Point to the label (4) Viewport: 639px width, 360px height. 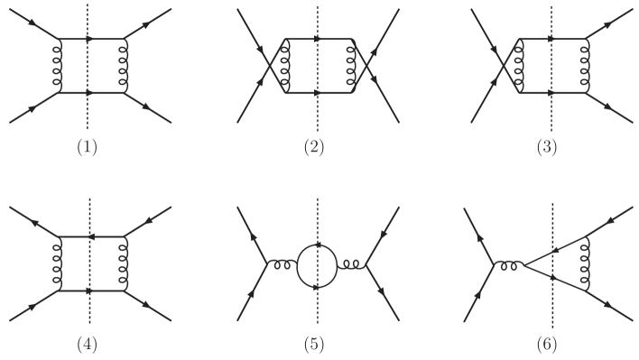87,344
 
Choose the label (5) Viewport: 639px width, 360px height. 314,344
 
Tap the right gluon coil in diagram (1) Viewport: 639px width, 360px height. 124,65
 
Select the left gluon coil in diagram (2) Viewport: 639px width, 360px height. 286,65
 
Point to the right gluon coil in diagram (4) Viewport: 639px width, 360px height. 124,264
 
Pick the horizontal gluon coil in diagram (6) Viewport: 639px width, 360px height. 510,264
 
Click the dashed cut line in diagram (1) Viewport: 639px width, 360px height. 88,108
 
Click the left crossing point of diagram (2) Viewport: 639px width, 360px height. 269,65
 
